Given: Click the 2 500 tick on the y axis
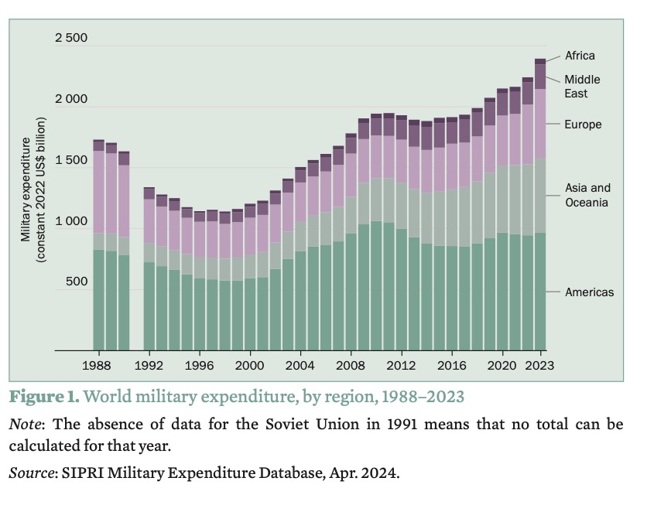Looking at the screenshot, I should click(71, 38).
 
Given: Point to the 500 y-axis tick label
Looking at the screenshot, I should click(77, 282).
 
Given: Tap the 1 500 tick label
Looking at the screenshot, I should click(71, 160).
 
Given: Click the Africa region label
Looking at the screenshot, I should click(580, 56).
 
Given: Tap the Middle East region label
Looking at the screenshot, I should click(581, 87).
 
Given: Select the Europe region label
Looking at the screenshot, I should click(583, 125).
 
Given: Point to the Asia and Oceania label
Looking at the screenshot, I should click(587, 195).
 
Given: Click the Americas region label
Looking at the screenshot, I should click(589, 292).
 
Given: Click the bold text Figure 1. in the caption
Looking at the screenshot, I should click(44, 397).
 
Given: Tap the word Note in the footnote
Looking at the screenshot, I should click(26, 425).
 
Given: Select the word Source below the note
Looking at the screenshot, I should click(31, 473).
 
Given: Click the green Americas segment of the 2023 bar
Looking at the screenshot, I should click(540, 294).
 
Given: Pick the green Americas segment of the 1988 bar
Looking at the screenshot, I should click(98, 302).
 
